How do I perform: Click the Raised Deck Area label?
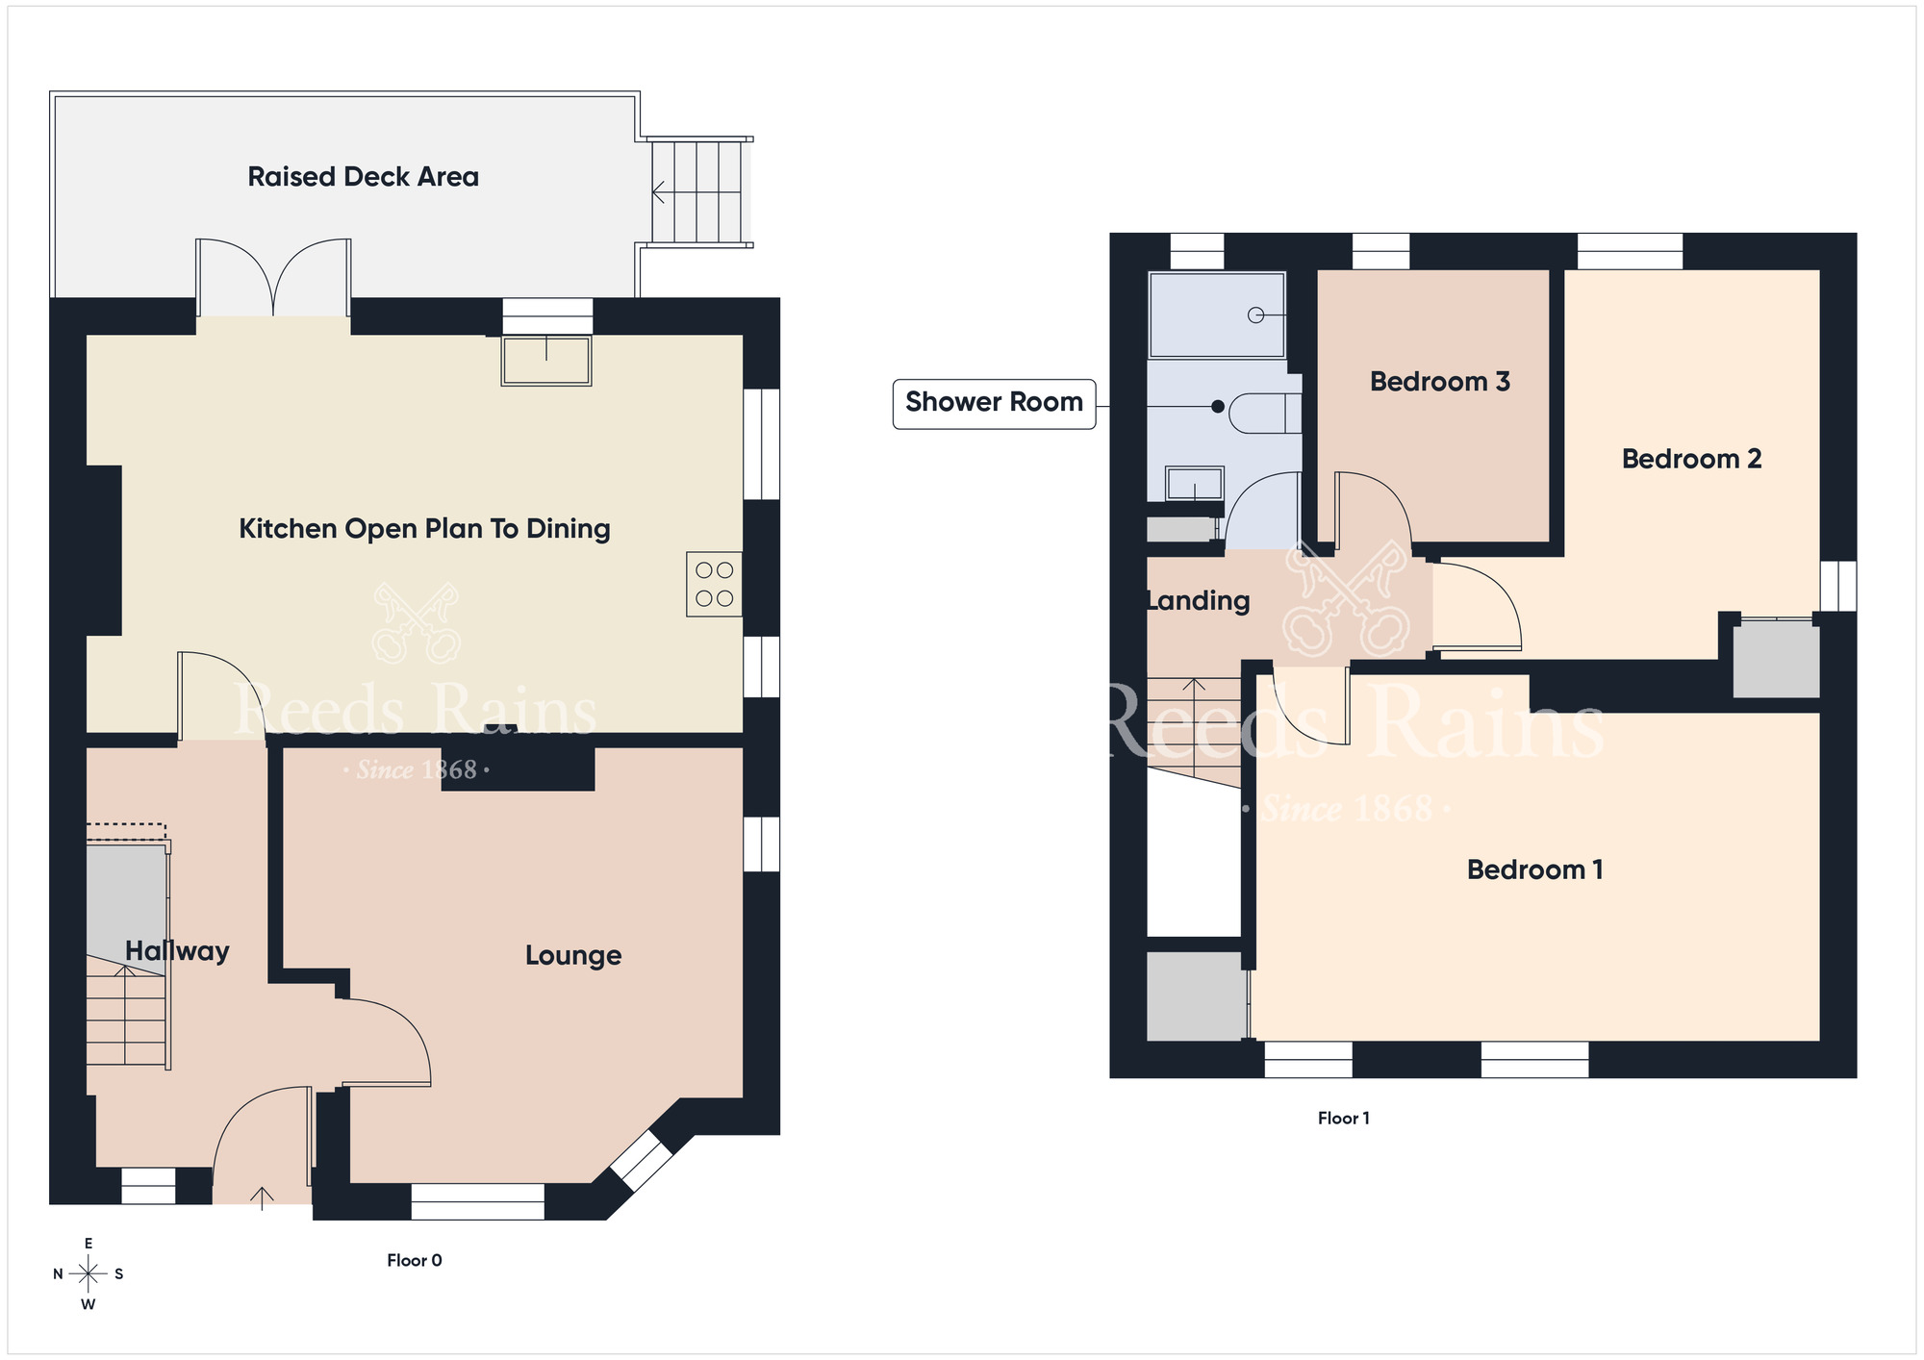363,177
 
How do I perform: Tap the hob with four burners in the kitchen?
714,584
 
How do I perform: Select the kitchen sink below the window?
546,361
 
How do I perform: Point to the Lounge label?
573,955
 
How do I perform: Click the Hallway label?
177,951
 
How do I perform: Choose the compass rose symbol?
89,1274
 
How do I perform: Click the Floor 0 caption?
415,1260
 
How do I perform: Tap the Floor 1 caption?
1344,1118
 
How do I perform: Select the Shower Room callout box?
995,404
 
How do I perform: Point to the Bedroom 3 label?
1440,382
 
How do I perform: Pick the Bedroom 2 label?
1692,459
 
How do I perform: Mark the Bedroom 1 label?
1535,869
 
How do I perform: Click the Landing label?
1199,601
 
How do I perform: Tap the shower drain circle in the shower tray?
1255,315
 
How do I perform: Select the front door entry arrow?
262,1196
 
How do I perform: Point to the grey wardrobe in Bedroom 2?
1776,660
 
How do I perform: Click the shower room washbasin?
1195,484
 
